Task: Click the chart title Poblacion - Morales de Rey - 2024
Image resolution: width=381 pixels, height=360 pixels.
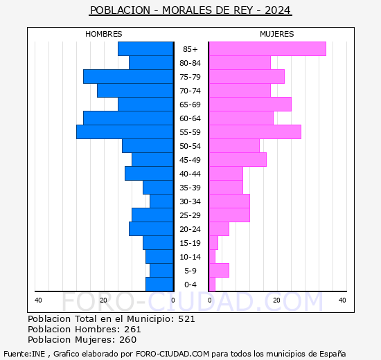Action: point(190,10)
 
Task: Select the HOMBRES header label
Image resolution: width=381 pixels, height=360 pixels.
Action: point(103,34)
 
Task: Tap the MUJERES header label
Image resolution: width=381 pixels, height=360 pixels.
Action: point(276,34)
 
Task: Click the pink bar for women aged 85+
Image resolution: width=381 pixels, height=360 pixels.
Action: point(267,49)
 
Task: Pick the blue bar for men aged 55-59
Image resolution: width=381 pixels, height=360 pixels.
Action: point(125,132)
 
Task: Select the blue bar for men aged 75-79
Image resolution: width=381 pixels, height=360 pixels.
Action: point(128,77)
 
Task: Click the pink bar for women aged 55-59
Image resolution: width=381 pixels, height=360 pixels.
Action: point(254,132)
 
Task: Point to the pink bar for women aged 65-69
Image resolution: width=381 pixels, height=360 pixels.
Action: point(249,105)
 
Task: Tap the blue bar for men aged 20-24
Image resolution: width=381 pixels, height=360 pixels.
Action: point(151,229)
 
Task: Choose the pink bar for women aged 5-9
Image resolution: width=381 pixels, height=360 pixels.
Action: point(218,271)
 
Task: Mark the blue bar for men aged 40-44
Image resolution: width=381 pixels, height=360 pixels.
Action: point(149,174)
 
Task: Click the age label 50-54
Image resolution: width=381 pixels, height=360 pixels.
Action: point(190,146)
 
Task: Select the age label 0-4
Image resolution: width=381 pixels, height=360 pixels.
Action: point(190,285)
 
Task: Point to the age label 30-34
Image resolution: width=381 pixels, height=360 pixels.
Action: point(190,201)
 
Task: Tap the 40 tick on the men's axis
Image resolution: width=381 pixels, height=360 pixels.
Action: point(38,300)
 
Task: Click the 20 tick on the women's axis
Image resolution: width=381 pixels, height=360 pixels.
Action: point(276,300)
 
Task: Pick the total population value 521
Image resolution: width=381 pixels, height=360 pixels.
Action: point(186,319)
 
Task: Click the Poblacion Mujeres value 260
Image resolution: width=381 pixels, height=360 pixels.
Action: point(127,340)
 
